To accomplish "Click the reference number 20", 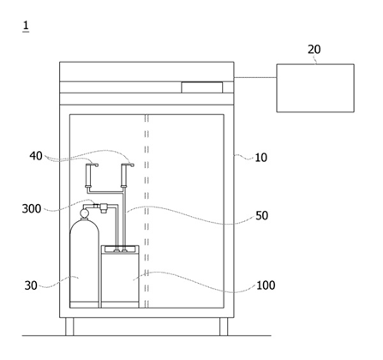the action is click(x=314, y=50).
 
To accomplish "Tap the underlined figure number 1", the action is click(x=26, y=26).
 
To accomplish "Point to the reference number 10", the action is click(x=260, y=158).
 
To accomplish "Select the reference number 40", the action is click(x=36, y=156).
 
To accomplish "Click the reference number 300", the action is click(x=32, y=208).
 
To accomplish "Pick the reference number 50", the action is click(x=261, y=216).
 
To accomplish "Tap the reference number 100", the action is click(x=266, y=285).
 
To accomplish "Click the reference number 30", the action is click(x=31, y=285).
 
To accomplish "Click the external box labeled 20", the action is click(x=315, y=88).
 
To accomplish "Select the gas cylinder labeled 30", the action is click(x=85, y=263).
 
